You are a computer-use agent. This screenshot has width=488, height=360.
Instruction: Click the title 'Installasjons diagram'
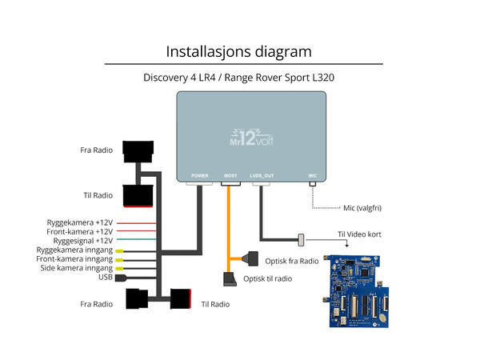coord(238,52)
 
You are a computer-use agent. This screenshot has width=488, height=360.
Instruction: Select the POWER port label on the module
coord(199,174)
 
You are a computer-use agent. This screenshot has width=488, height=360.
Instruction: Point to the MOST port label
coord(230,174)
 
